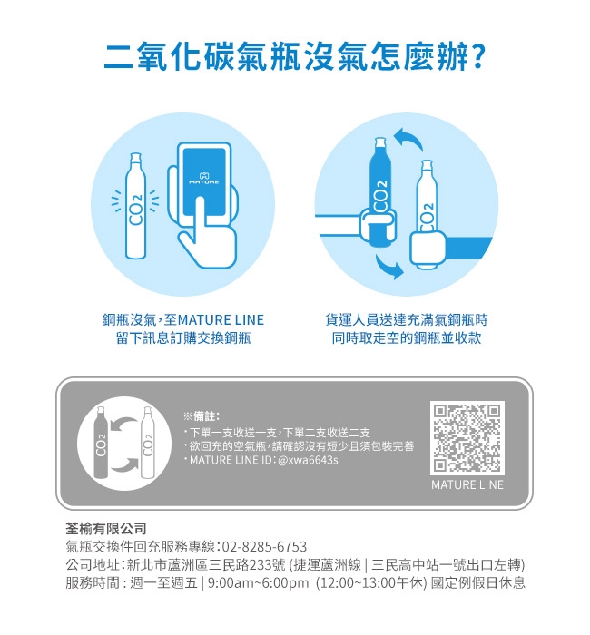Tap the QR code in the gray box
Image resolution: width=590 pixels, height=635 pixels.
(x=467, y=438)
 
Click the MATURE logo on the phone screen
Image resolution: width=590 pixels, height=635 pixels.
(x=204, y=179)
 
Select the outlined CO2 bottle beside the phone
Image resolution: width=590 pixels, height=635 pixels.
(x=136, y=206)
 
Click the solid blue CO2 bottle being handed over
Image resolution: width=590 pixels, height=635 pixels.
(x=380, y=192)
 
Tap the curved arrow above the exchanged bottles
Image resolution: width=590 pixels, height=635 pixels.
(x=408, y=140)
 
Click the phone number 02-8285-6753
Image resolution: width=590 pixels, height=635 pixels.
(x=264, y=547)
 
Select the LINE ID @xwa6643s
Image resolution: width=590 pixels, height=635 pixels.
(x=308, y=460)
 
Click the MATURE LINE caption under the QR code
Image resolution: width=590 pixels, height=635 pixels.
(x=467, y=484)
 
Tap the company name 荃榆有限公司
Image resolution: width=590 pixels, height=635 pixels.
(x=106, y=529)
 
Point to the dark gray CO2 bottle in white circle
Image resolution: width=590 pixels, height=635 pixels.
(x=100, y=443)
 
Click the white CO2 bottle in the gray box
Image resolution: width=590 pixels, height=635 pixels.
(x=147, y=443)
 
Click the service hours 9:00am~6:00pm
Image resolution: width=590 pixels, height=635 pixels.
(x=258, y=582)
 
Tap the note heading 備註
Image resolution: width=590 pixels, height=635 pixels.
(x=204, y=415)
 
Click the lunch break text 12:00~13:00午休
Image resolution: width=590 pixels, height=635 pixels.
(x=370, y=582)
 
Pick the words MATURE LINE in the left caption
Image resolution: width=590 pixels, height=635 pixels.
(x=221, y=320)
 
